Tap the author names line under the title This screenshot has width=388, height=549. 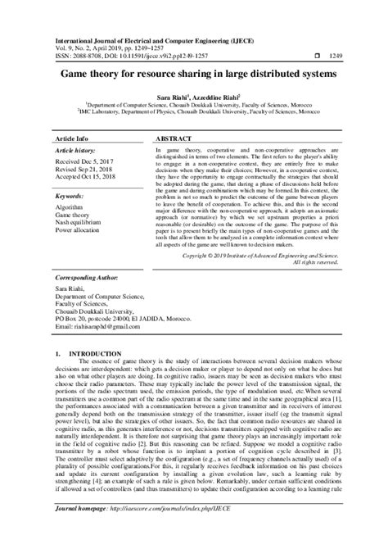194,97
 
